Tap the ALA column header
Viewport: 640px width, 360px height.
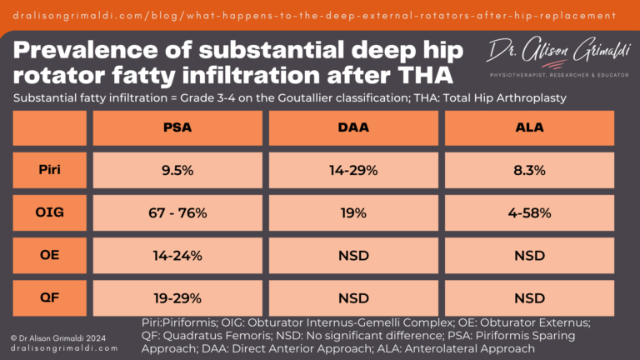pyautogui.click(x=529, y=128)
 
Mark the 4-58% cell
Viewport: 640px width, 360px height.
pyautogui.click(x=529, y=212)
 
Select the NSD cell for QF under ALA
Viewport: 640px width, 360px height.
pyautogui.click(x=529, y=297)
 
